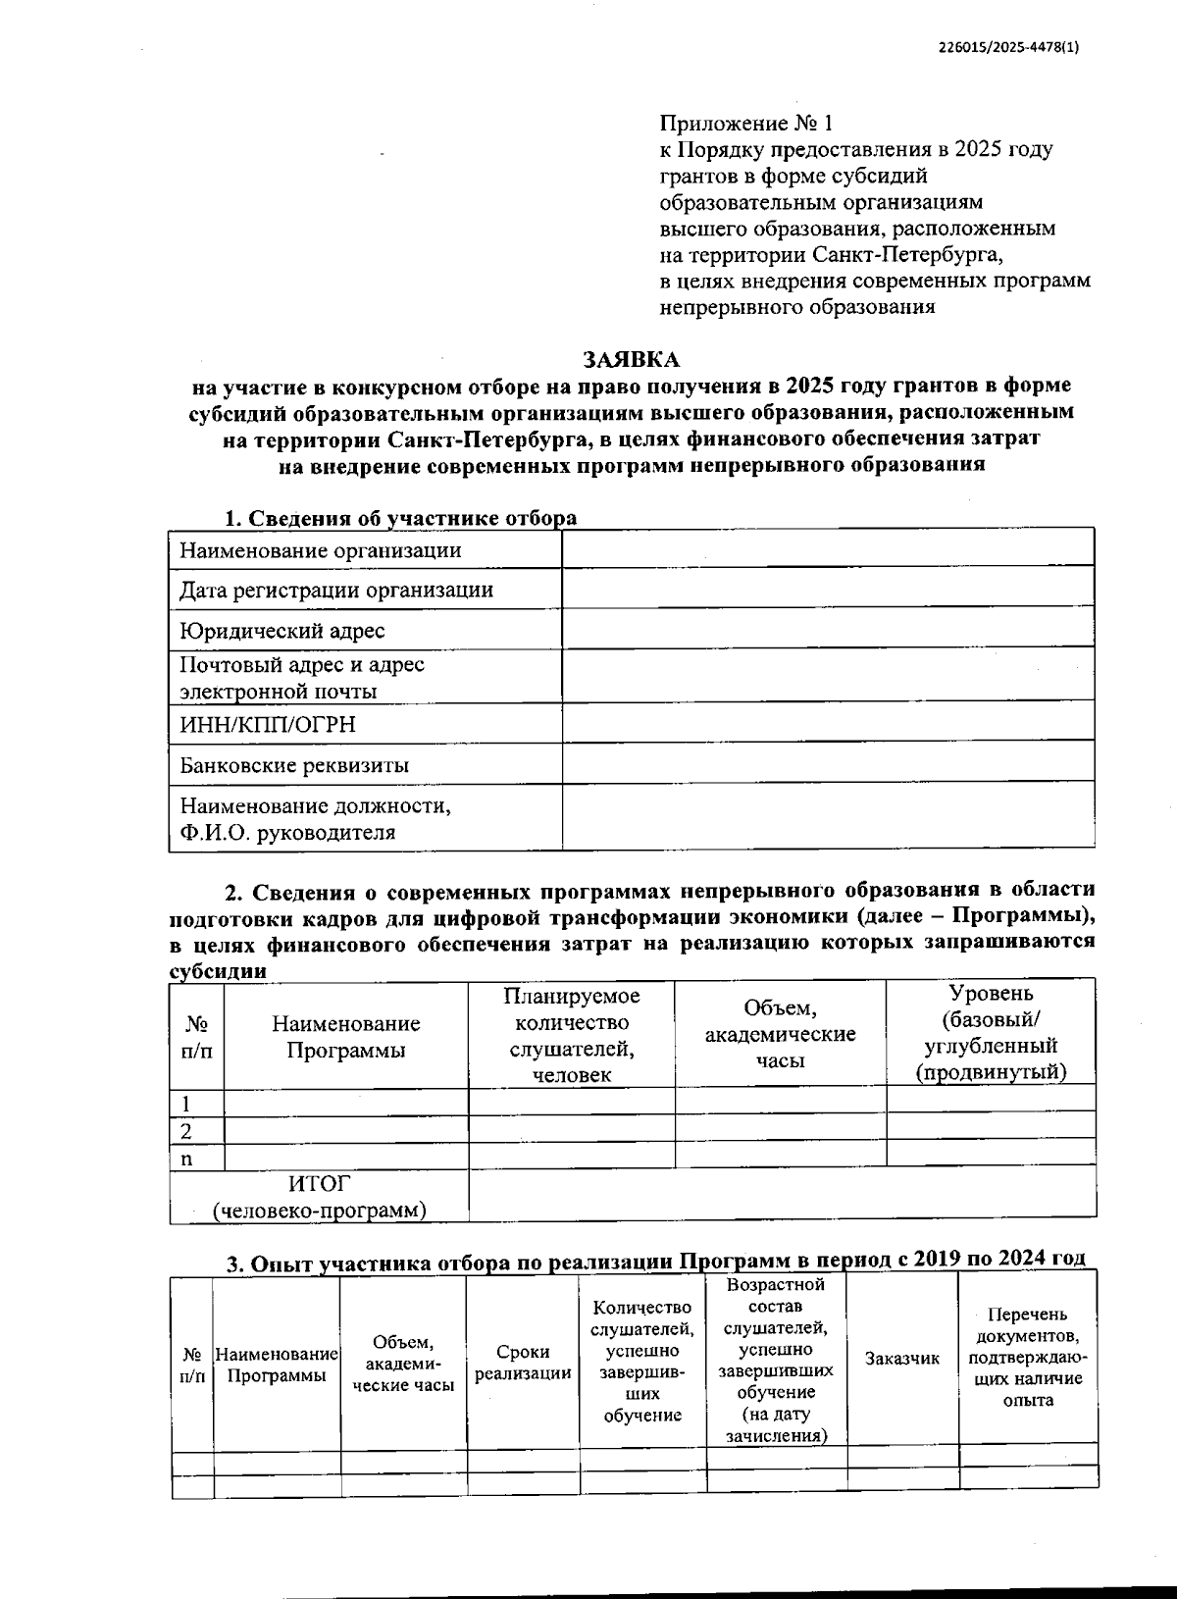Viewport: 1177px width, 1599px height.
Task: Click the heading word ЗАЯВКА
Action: [631, 359]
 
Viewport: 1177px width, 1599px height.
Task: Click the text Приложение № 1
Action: [744, 124]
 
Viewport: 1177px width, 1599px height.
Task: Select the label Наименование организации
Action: [320, 549]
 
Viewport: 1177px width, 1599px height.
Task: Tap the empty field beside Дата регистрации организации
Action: [827, 589]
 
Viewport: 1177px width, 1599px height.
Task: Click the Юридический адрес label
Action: [281, 631]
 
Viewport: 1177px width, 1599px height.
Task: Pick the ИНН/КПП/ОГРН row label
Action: [267, 724]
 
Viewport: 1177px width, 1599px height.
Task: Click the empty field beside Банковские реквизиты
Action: [827, 762]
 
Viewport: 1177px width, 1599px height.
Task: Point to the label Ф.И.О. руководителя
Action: [287, 833]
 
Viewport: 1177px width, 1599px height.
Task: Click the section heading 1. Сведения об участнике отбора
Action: [400, 518]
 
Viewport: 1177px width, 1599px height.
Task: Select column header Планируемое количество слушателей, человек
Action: [571, 1035]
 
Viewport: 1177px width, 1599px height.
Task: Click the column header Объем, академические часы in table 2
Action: [780, 1034]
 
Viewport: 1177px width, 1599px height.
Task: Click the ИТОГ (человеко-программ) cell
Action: [320, 1197]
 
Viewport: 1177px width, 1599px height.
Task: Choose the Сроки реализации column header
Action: [523, 1363]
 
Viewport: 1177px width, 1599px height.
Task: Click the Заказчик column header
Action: [901, 1359]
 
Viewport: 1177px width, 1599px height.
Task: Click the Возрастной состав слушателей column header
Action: [776, 1359]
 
